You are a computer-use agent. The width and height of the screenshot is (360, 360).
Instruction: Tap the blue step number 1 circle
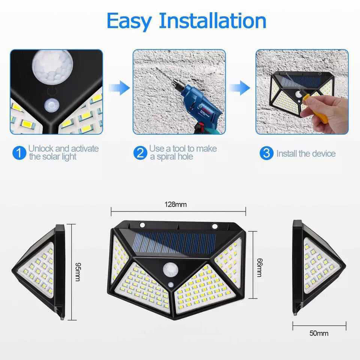(18, 153)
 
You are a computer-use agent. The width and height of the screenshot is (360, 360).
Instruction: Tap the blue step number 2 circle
(140, 153)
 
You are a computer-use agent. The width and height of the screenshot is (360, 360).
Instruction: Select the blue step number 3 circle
(266, 153)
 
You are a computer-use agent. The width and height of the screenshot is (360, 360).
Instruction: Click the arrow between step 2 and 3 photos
(240, 88)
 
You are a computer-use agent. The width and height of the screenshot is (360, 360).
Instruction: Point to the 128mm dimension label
(175, 205)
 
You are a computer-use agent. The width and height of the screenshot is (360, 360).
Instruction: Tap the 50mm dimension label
(319, 333)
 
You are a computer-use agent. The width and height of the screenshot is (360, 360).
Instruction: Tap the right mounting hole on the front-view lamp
(215, 226)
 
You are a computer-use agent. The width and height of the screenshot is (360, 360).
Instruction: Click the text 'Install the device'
(306, 153)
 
